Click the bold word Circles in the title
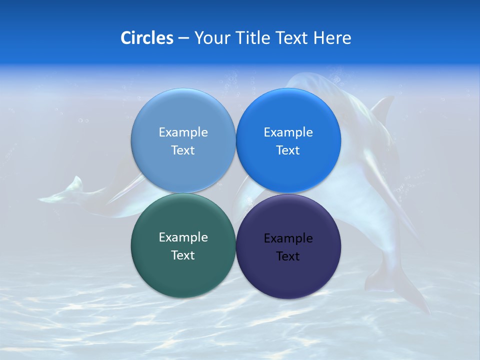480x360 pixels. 146,37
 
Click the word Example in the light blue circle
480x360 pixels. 183,132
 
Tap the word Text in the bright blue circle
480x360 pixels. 288,150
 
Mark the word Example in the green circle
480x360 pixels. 183,237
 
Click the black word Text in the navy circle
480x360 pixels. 288,256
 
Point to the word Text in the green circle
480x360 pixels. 183,255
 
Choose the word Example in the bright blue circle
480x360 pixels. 288,132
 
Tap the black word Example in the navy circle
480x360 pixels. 288,238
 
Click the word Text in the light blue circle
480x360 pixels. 183,150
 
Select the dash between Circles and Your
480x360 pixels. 183,38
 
